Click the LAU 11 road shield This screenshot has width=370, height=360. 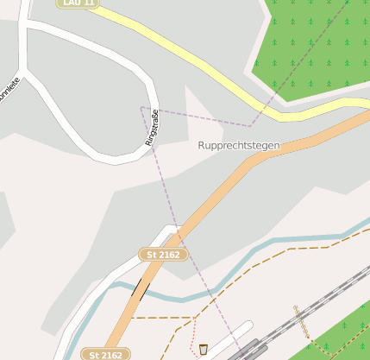78,3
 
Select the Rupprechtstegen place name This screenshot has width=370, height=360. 239,146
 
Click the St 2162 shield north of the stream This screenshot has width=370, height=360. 163,254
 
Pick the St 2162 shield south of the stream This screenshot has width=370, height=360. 106,354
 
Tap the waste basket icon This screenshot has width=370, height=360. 204,349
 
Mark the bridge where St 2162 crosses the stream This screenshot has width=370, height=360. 139,287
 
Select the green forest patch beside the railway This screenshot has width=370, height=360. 341,332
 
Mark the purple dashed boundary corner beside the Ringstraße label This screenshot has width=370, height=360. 141,107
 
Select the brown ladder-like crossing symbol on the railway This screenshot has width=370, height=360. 302,320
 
